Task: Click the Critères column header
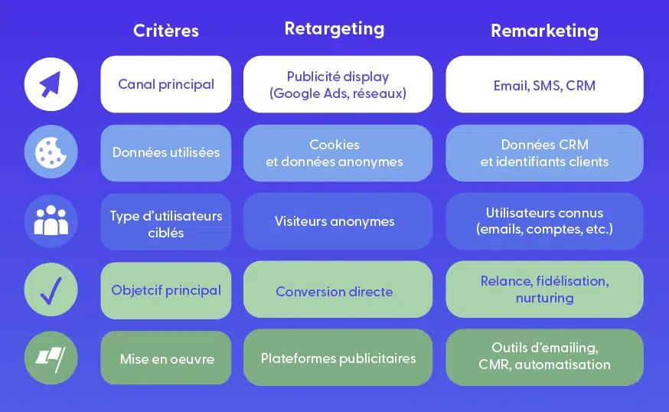click(x=166, y=31)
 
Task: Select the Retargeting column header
click(x=334, y=29)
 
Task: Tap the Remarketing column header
click(x=544, y=31)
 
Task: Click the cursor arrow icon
click(x=51, y=84)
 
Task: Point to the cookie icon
click(x=51, y=152)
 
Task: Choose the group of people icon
click(x=51, y=221)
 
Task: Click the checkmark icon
click(x=51, y=289)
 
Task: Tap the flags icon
click(x=51, y=358)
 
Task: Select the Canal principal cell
click(x=166, y=84)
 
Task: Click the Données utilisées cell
click(x=166, y=153)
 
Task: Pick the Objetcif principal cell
click(x=166, y=290)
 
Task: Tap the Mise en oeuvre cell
click(x=166, y=358)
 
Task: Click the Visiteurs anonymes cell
click(x=338, y=221)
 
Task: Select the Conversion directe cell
click(x=338, y=289)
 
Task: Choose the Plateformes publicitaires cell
click(x=338, y=358)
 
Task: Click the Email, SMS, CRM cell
click(x=544, y=84)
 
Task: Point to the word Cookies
click(x=334, y=145)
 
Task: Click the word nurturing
click(x=544, y=298)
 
